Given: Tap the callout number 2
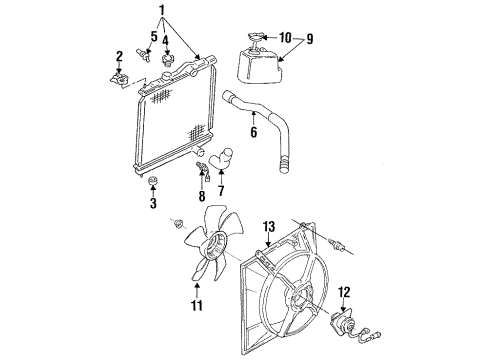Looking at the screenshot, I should (119, 56).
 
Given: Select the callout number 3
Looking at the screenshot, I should (154, 204).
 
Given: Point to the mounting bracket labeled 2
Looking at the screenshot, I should (119, 75).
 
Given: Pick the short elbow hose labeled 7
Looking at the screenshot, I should (222, 158).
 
